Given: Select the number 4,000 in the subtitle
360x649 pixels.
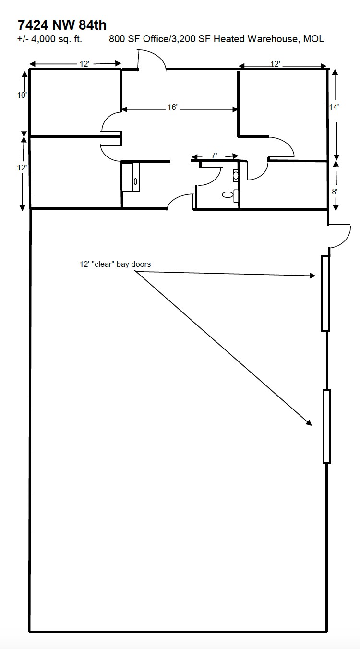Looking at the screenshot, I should coord(44,39).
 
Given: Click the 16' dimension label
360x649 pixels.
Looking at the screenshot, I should coord(173,108).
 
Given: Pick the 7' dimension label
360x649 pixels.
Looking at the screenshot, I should coord(214,156).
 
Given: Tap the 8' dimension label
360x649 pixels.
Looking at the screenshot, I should coord(335,191).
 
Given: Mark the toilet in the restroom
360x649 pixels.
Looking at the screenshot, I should coord(228,195).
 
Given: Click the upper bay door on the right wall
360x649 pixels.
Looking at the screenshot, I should coord(325,293).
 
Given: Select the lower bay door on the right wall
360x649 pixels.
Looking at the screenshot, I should coord(326,426).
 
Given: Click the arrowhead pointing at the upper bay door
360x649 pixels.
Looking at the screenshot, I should coord(312,276).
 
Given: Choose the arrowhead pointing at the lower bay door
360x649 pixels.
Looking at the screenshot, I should coord(309,423).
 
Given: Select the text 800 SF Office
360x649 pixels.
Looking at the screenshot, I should coord(137,39).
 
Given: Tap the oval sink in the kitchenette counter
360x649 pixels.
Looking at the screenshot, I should coord(135,181).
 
